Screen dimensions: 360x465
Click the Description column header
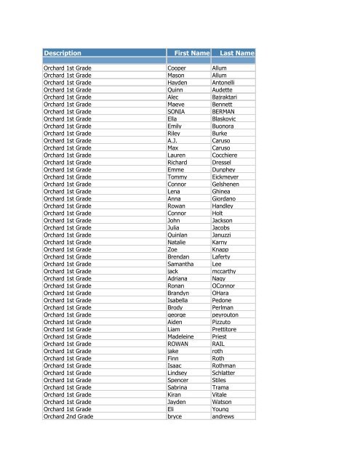tap(62, 54)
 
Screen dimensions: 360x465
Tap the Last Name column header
tap(236, 54)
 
